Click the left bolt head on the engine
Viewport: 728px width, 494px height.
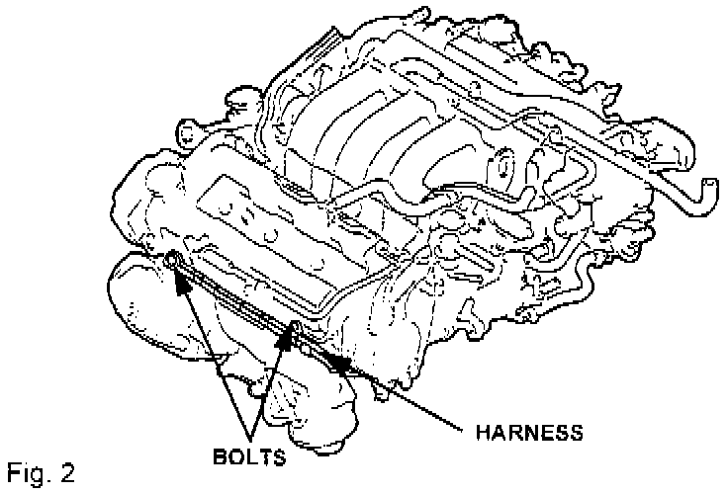pyautogui.click(x=173, y=260)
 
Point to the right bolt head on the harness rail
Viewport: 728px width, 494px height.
pyautogui.click(x=294, y=328)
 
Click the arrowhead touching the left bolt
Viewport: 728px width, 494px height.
pyautogui.click(x=182, y=280)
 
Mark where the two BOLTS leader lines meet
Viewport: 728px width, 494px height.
pyautogui.click(x=254, y=440)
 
